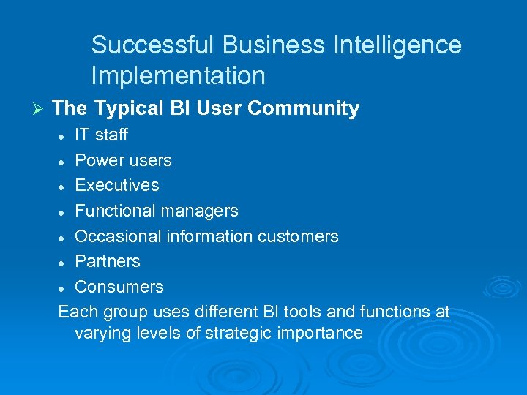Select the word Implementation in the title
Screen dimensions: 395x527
point(178,75)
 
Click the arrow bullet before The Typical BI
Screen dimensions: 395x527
point(40,109)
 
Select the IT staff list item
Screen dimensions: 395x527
point(101,135)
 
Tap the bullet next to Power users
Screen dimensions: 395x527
point(64,161)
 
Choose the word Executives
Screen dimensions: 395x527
point(117,185)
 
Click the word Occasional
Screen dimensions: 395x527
point(119,236)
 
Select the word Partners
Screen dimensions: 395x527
point(108,261)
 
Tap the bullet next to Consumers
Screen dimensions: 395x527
point(64,287)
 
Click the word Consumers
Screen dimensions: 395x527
point(119,286)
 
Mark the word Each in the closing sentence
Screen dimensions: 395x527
point(76,312)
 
